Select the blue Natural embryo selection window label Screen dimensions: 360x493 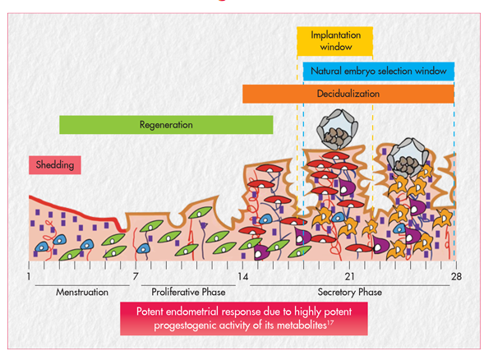pyautogui.click(x=378, y=72)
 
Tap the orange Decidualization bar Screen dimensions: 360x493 pyautogui.click(x=348, y=94)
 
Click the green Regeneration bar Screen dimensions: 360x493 pyautogui.click(x=166, y=125)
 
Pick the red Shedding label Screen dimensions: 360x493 pyautogui.click(x=56, y=164)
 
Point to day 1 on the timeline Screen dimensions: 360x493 pyautogui.click(x=29, y=277)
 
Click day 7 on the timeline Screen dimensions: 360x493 pyautogui.click(x=135, y=277)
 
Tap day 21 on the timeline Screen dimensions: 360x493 pyautogui.click(x=349, y=277)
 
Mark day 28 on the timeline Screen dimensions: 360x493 pyautogui.click(x=455, y=277)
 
